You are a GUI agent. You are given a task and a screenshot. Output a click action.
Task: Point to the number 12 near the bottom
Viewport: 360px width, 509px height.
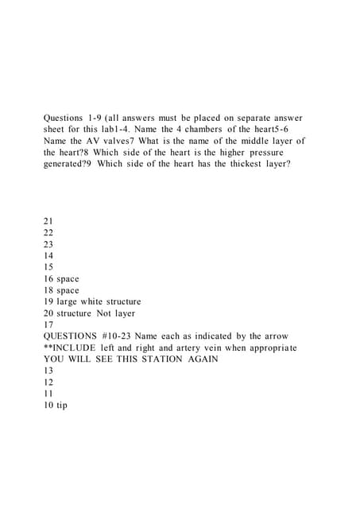point(49,382)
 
